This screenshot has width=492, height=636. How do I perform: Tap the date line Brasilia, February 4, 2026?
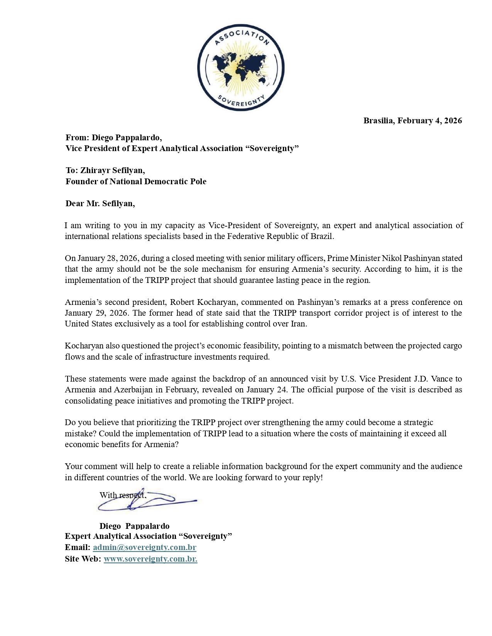pos(412,121)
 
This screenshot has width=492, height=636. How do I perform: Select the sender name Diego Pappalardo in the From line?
pos(126,138)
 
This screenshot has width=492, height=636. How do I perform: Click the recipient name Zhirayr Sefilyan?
pos(112,170)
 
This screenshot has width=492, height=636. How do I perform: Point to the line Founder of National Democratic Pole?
pos(136,182)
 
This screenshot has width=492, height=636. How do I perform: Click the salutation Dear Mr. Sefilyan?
pos(100,204)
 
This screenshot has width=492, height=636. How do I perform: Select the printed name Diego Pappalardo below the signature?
pos(134,526)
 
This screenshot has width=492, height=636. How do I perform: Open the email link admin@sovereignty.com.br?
pos(144,547)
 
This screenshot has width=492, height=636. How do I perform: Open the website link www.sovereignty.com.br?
pos(150,559)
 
